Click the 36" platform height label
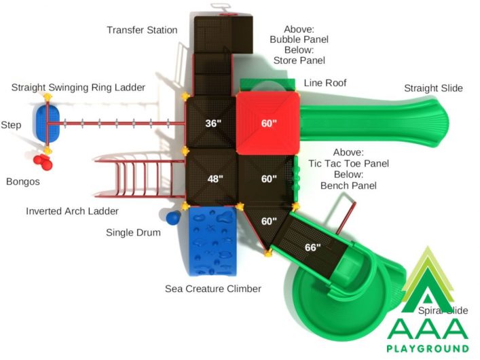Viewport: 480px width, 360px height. (x=213, y=123)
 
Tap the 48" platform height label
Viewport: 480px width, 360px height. (x=215, y=179)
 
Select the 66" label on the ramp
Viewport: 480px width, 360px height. (x=313, y=247)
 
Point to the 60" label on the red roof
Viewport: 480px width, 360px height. (x=269, y=123)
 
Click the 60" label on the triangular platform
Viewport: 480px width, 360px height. (x=269, y=221)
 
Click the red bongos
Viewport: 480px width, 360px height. (x=43, y=162)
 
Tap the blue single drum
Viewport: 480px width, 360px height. (x=173, y=218)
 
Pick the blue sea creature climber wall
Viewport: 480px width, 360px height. (x=213, y=241)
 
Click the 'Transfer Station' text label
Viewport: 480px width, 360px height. (x=142, y=30)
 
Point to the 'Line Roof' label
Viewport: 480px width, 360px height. (x=325, y=83)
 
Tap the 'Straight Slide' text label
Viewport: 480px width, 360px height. (x=433, y=88)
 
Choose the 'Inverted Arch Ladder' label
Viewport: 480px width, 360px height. (x=72, y=211)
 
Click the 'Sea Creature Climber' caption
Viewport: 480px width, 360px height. (x=213, y=289)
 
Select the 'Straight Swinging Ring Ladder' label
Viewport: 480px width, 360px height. (x=78, y=88)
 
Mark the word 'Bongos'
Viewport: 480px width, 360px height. (x=23, y=181)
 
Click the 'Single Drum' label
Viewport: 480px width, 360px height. (x=133, y=232)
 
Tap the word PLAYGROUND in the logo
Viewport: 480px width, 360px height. (x=428, y=348)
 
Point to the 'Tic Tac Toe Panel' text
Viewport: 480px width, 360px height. (x=348, y=164)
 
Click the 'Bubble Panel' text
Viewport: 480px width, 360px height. (x=299, y=39)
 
